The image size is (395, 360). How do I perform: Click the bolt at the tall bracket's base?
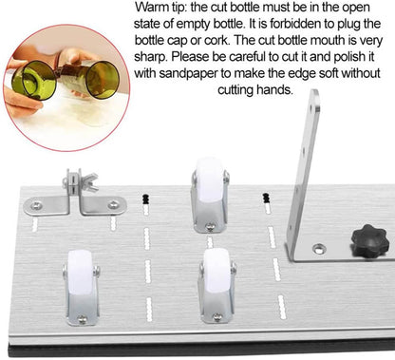pos(320,249)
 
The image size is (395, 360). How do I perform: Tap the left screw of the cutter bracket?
pos(37,204)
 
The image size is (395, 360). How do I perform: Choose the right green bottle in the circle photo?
pos(102,81)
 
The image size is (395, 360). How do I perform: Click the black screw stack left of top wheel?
pos(145,198)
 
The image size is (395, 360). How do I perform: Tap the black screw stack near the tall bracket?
pos(266,199)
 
